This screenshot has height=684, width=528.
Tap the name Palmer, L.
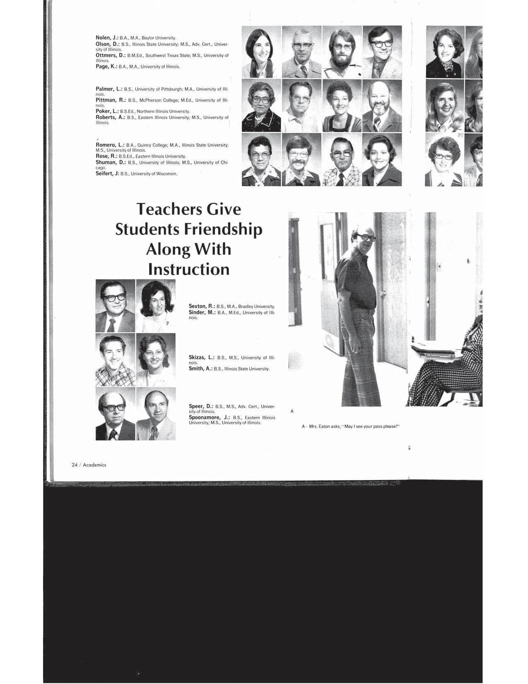(x=108, y=89)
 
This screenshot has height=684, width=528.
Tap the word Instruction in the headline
(x=189, y=269)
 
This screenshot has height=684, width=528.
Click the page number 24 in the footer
(x=75, y=465)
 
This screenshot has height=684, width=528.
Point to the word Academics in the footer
(x=94, y=465)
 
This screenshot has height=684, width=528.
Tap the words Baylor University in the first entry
(x=159, y=38)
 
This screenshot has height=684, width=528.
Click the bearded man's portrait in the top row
(x=342, y=52)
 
